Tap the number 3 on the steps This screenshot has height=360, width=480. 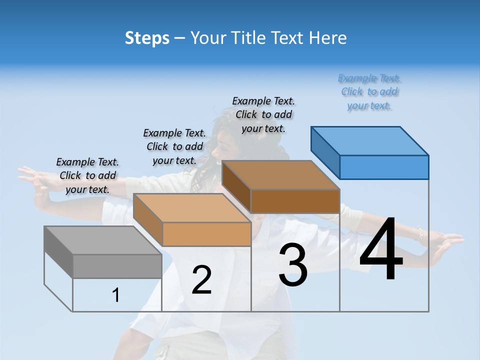292,265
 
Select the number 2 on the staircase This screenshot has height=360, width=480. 201,280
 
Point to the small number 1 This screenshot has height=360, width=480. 116,295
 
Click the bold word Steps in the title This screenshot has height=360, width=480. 147,38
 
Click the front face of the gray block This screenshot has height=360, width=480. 117,266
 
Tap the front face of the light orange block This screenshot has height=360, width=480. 206,234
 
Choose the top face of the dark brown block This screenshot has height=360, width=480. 280,175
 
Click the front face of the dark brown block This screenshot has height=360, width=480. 295,201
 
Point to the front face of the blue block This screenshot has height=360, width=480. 384,167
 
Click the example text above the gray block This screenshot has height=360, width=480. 88,175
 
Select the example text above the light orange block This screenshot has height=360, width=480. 174,146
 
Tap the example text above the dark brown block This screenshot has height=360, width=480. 263,114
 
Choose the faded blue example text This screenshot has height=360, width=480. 369,91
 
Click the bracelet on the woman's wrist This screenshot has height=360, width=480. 420,233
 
